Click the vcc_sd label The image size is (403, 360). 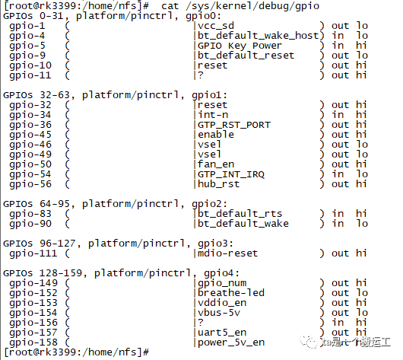tap(216, 26)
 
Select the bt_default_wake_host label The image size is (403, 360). tap(258, 36)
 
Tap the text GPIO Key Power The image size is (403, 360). tap(240, 46)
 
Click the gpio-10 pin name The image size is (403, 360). tap(30, 65)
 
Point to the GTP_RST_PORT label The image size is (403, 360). tap(234, 125)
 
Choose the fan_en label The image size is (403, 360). tap(216, 164)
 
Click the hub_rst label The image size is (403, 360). tap(219, 184)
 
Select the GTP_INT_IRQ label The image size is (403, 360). tap(231, 174)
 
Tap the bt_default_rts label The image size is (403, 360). tap(240, 214)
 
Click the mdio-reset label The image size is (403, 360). tap(227, 253)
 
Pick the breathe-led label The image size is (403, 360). tap(231, 293)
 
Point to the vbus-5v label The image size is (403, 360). tap(219, 313)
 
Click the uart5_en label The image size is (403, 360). tap(222, 333)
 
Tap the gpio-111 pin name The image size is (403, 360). tap(33, 253)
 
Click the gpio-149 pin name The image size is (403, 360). tap(33, 283)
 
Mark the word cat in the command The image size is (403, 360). tap(170, 6)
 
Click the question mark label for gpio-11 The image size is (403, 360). tap(201, 75)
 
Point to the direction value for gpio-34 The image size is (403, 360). tap(338, 115)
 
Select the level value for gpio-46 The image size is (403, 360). tap(362, 145)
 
